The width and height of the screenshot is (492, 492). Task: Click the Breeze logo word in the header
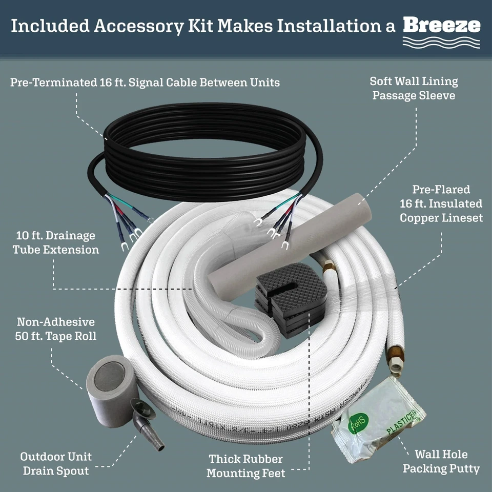441,25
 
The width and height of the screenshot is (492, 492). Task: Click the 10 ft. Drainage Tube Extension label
56,243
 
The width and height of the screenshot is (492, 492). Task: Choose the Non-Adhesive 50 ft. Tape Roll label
56,329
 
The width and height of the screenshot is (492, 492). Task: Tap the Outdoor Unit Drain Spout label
56,463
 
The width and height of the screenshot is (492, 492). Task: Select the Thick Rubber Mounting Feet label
245,466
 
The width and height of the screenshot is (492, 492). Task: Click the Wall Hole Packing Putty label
441,461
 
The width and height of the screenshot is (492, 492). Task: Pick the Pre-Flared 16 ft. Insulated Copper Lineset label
441,204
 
